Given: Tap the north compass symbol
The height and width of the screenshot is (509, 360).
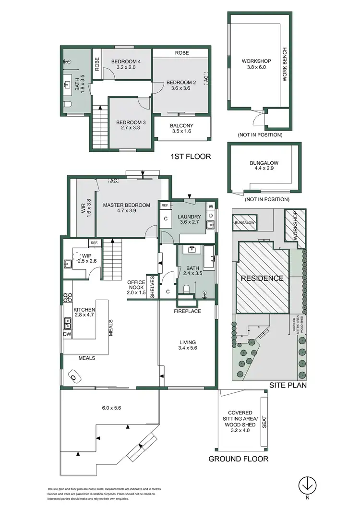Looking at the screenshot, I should click(x=306, y=485).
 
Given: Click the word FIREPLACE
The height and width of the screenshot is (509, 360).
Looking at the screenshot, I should click(x=187, y=311).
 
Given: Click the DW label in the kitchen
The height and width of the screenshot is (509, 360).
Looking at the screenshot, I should click(x=67, y=334).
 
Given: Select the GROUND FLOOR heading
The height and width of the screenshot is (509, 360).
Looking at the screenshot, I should click(x=238, y=459).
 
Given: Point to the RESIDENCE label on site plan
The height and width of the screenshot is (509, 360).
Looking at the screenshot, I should click(x=262, y=279).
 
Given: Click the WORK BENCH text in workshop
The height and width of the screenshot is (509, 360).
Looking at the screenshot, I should click(x=284, y=64).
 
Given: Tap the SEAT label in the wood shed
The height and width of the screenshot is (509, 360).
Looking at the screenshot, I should click(x=264, y=421).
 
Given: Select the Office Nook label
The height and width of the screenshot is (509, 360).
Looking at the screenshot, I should click(x=136, y=287).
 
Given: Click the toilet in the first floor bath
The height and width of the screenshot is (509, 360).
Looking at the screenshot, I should click(x=67, y=104).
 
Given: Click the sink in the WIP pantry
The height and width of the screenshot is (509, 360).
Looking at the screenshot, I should click(x=67, y=263).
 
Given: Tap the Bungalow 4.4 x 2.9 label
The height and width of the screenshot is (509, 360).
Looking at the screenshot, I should click(x=264, y=166).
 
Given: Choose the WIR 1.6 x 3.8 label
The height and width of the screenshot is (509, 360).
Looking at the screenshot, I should click(x=85, y=207).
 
